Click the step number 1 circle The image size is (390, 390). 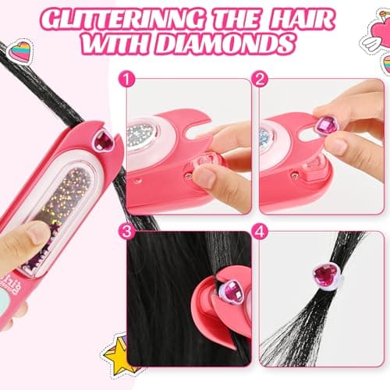coord(126,78)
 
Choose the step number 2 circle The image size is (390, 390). coord(260,78)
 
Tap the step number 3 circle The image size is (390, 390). coord(126,231)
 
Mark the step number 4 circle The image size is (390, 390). coord(260,231)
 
